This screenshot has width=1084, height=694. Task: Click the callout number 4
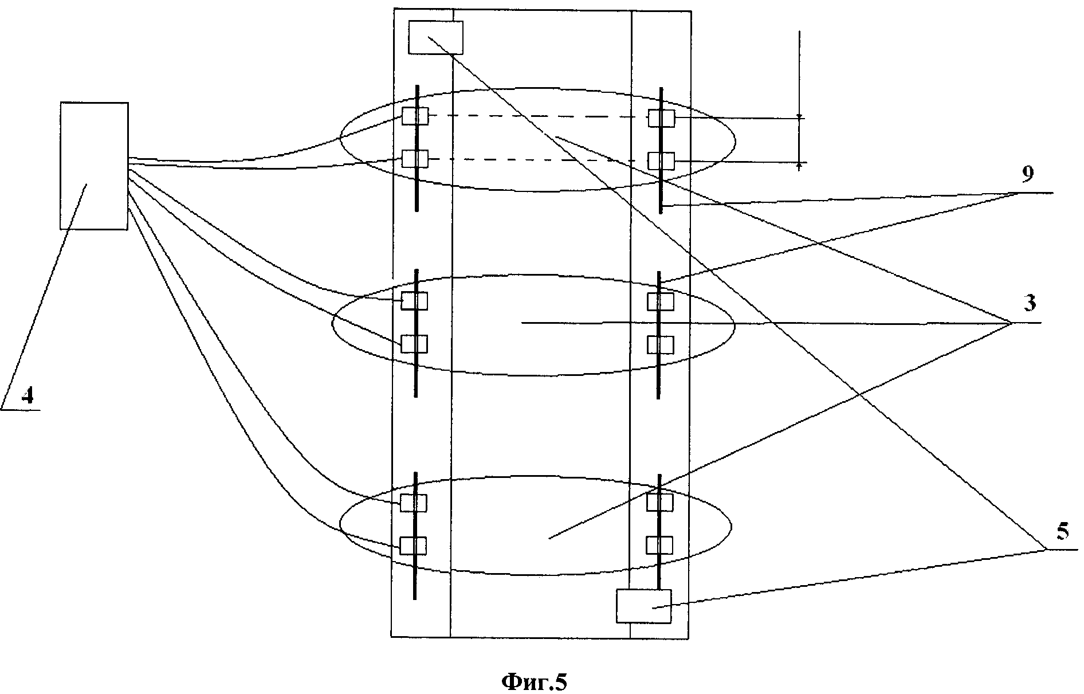point(28,396)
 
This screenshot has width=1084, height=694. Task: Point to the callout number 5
point(1062,531)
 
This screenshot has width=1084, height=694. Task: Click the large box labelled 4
point(94,166)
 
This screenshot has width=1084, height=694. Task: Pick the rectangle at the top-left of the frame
point(435,37)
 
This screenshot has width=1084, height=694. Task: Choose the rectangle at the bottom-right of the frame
point(643,606)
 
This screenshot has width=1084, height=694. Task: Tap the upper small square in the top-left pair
point(414,116)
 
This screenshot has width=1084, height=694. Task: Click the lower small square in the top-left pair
point(414,159)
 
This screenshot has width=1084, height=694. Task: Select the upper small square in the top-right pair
point(661,119)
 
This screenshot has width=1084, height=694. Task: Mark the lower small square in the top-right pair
point(661,160)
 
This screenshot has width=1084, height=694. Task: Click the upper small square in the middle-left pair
point(414,301)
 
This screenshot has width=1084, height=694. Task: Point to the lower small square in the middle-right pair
point(661,344)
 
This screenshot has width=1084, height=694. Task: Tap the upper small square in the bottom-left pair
point(413,503)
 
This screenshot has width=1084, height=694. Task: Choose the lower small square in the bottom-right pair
point(659,545)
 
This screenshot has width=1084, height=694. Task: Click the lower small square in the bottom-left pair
point(413,546)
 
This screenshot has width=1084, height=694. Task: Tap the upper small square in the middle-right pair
point(661,301)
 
